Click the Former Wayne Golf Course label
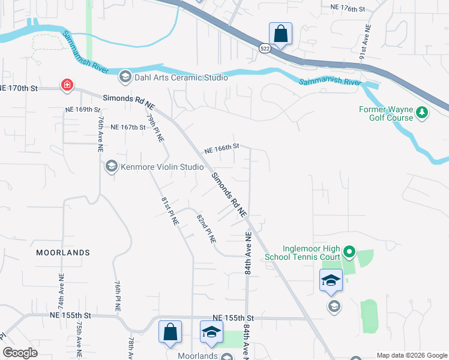pos(386,113)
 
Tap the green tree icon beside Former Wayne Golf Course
pos(422,113)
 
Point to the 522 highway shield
pos(265,48)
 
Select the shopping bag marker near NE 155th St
pos(170,332)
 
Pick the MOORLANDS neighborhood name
pos(63,253)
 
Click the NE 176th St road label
pos(348,8)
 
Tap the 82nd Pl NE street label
pos(206,227)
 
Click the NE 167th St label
pos(128,127)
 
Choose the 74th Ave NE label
pos(61,290)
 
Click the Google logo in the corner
pos(20,353)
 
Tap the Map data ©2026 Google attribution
pos(411,355)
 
